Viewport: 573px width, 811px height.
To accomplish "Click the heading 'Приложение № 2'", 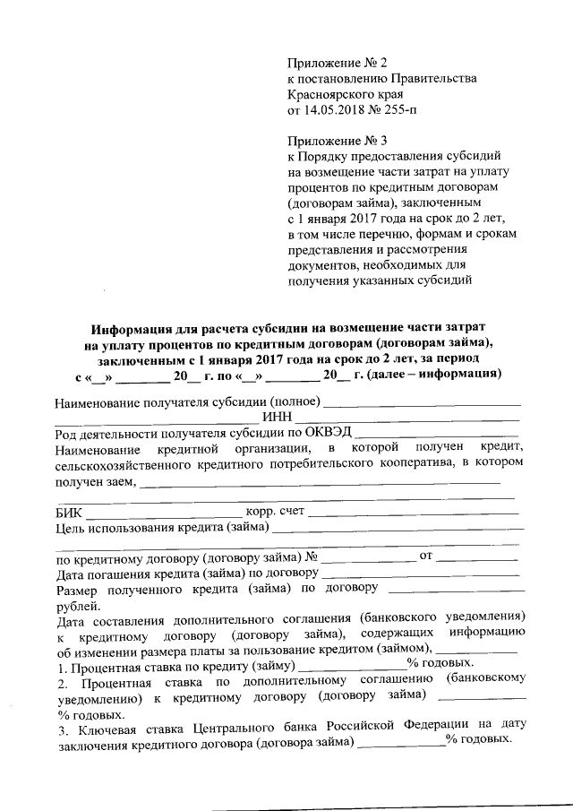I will coord(338,63).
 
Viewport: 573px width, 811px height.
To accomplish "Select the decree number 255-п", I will coord(394,111).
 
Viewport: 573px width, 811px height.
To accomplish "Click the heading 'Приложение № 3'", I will coord(338,141).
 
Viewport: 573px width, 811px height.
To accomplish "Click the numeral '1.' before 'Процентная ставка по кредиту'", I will coord(60,669).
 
